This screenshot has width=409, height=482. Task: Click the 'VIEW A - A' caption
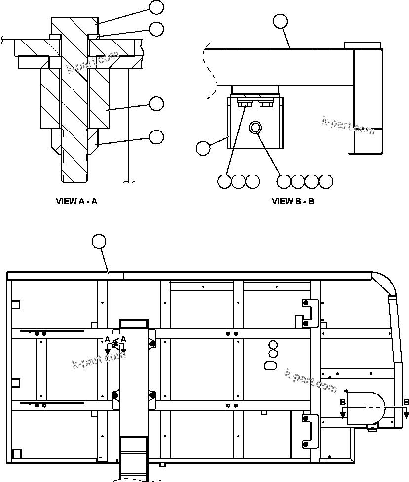click(x=76, y=201)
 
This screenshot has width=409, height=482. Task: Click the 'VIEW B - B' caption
click(x=293, y=201)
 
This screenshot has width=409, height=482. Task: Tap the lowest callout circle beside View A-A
click(x=156, y=136)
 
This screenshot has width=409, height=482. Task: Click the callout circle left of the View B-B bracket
click(x=203, y=148)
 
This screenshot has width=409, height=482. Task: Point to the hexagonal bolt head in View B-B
click(x=255, y=129)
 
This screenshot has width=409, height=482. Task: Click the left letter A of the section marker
click(x=107, y=339)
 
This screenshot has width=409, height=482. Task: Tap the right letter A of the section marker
click(x=123, y=339)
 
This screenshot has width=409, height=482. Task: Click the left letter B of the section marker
click(x=342, y=402)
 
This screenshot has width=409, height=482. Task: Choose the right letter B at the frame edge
click(x=406, y=402)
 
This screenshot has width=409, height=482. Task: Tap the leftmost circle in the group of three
click(x=224, y=182)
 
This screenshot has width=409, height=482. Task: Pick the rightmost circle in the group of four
click(x=326, y=182)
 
